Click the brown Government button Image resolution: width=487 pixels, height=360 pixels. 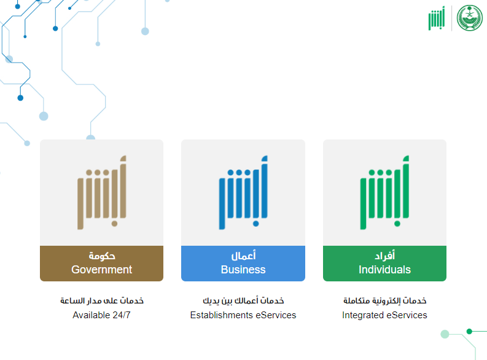(x=101, y=264)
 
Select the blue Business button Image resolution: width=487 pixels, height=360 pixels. (x=243, y=264)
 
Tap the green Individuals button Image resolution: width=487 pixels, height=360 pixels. (x=384, y=264)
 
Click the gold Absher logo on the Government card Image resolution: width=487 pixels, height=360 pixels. (x=102, y=192)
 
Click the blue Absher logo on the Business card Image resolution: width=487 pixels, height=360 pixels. (x=243, y=192)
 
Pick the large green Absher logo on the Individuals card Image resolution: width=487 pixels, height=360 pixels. (x=384, y=192)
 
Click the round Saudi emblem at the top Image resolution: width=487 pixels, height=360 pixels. (x=470, y=18)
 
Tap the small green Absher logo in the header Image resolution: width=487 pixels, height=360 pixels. (x=437, y=18)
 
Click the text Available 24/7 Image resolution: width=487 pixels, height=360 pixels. (x=101, y=315)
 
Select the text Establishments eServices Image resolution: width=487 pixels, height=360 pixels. (x=243, y=315)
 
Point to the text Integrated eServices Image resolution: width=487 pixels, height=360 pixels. (x=384, y=315)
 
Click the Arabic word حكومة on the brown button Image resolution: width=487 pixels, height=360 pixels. (x=102, y=256)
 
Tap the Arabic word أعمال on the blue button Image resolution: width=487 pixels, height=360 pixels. (x=243, y=256)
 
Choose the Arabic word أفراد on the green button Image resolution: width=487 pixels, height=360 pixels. (x=385, y=256)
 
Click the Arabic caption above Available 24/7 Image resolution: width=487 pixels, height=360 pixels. (x=102, y=300)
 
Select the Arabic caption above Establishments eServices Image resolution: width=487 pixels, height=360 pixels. (x=243, y=300)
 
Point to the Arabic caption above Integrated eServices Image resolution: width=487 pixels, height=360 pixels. (x=385, y=300)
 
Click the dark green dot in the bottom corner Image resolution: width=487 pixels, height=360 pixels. (x=469, y=331)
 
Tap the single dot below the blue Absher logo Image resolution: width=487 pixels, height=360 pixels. (x=256, y=224)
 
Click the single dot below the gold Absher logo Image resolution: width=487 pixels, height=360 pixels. (x=114, y=224)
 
